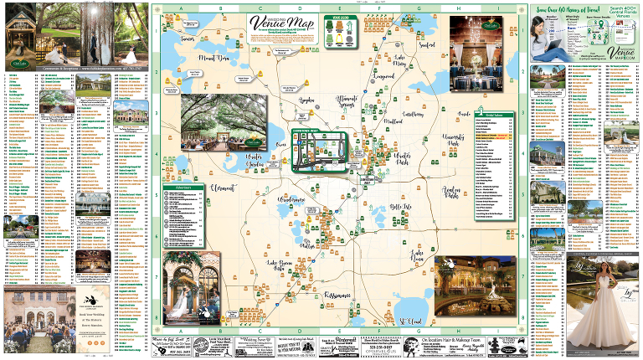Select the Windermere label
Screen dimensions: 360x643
click(293, 201)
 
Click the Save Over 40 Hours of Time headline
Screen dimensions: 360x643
click(583, 8)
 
